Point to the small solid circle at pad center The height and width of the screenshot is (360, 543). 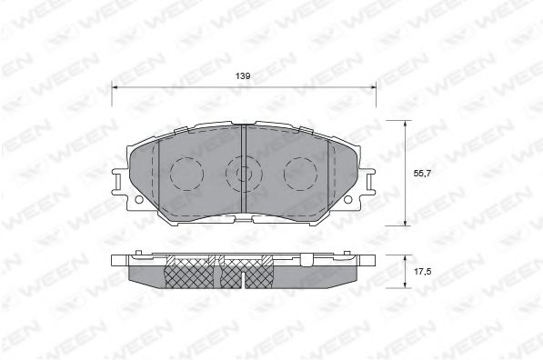click(243, 171)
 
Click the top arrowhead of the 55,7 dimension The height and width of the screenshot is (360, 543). click(406, 123)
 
